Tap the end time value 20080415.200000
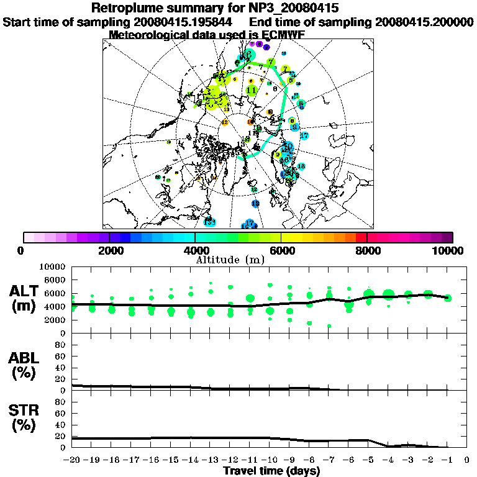pos(424,22)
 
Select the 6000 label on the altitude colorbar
pos(281,250)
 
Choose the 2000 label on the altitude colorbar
pos(109,250)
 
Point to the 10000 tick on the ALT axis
pos(55,266)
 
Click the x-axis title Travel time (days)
pos(271,471)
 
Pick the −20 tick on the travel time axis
pos(73,460)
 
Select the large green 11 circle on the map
pos(252,90)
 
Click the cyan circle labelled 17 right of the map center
pos(304,135)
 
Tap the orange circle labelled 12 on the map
pos(225,122)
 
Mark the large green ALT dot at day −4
pos(389,294)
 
